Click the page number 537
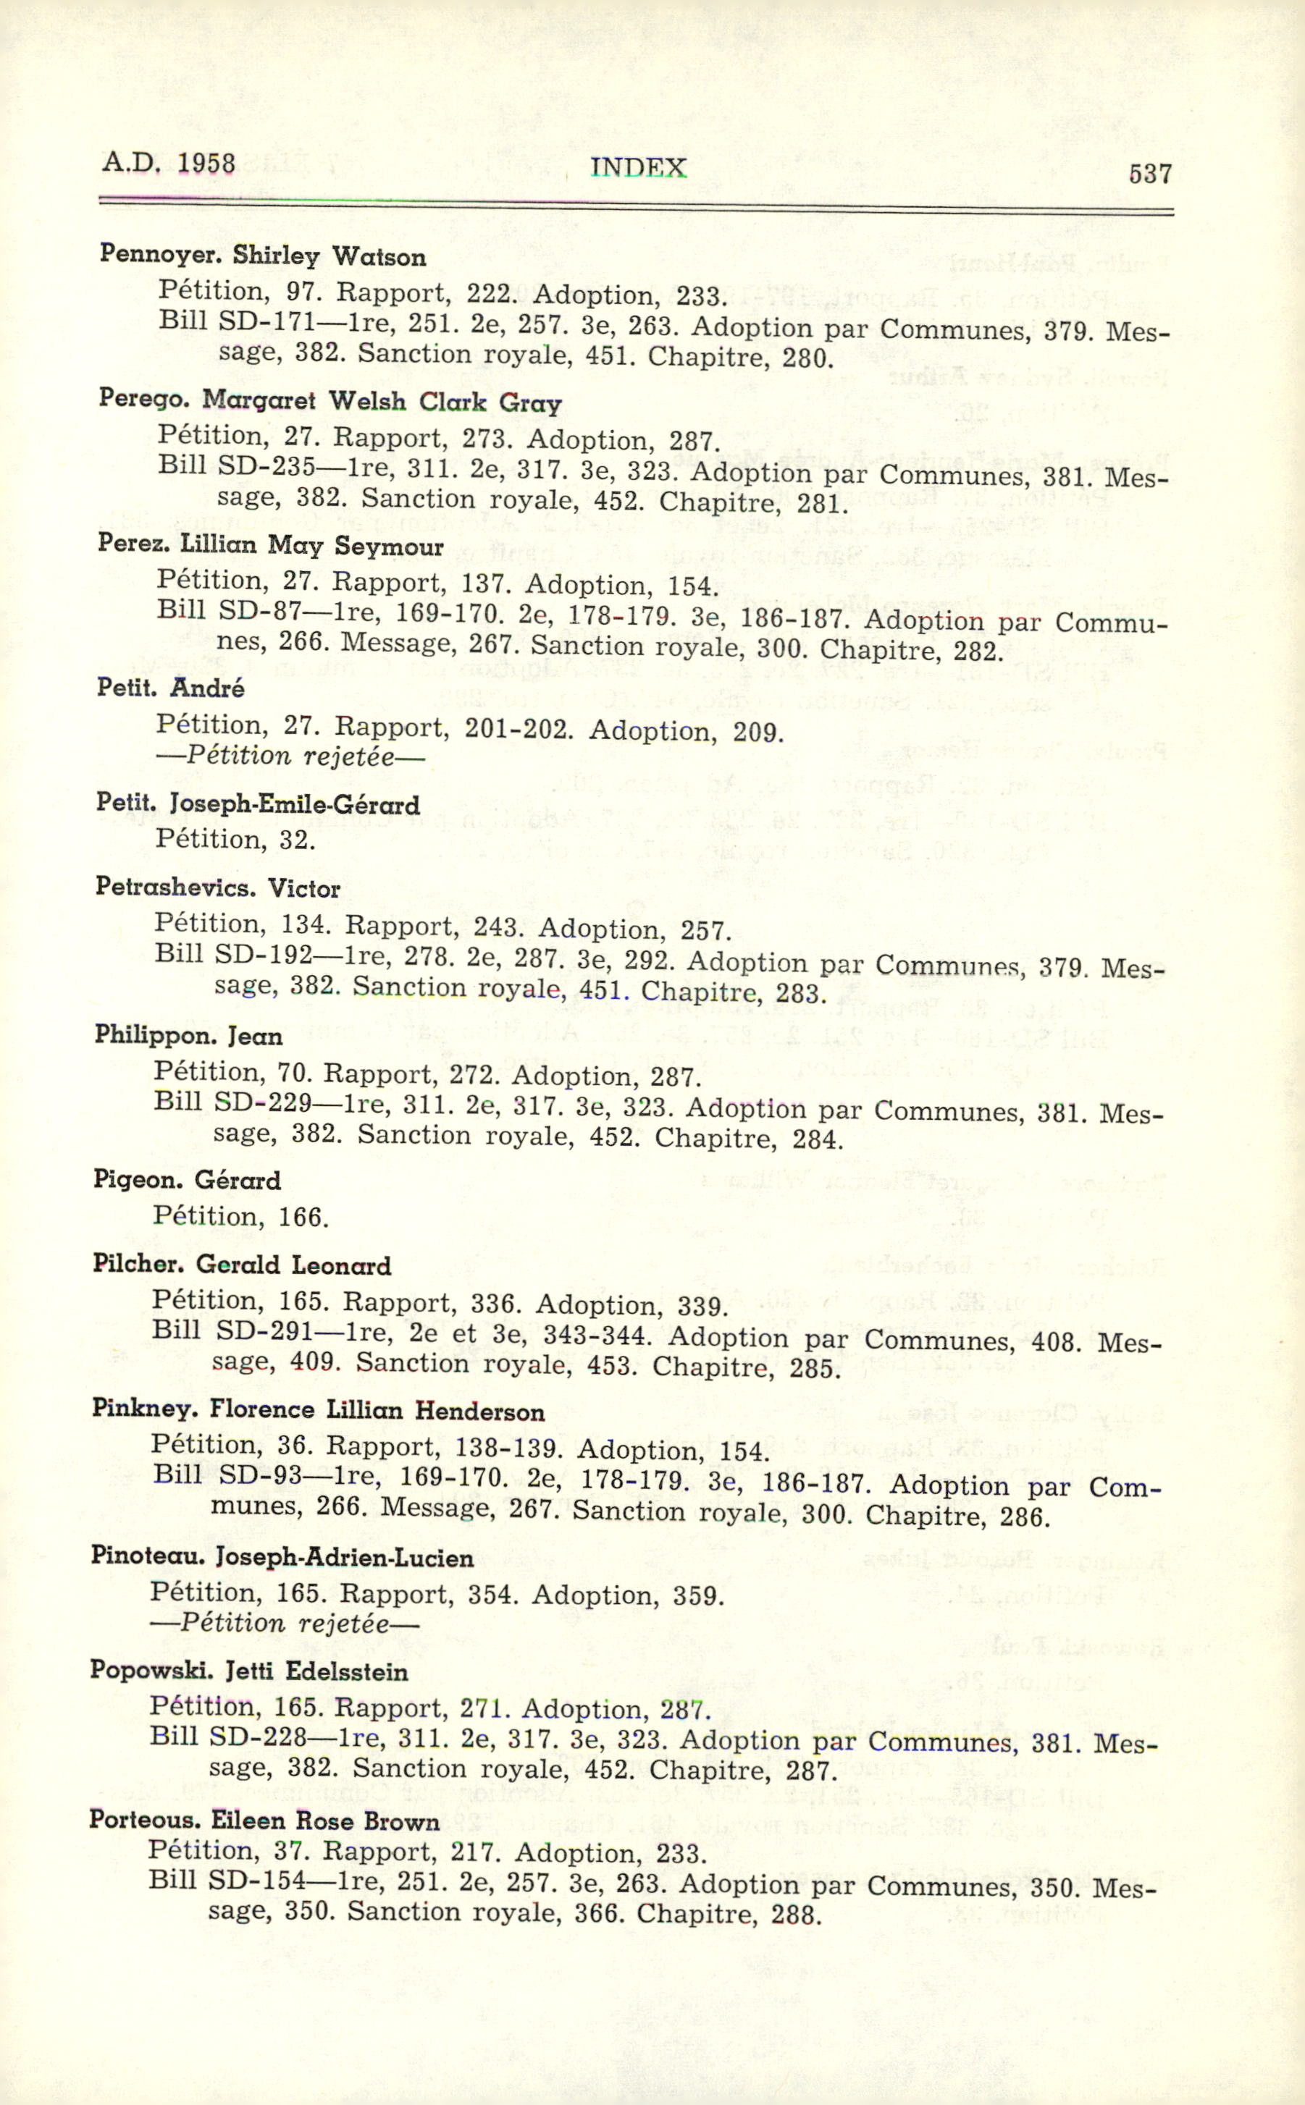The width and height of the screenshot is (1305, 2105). pyautogui.click(x=1149, y=175)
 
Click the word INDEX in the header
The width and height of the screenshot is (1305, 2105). pyautogui.click(x=638, y=167)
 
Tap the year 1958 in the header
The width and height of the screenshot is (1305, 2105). pyautogui.click(x=206, y=163)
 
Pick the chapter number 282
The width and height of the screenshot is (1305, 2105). pyautogui.click(x=976, y=651)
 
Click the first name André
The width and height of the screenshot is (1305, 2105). pyautogui.click(x=207, y=688)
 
